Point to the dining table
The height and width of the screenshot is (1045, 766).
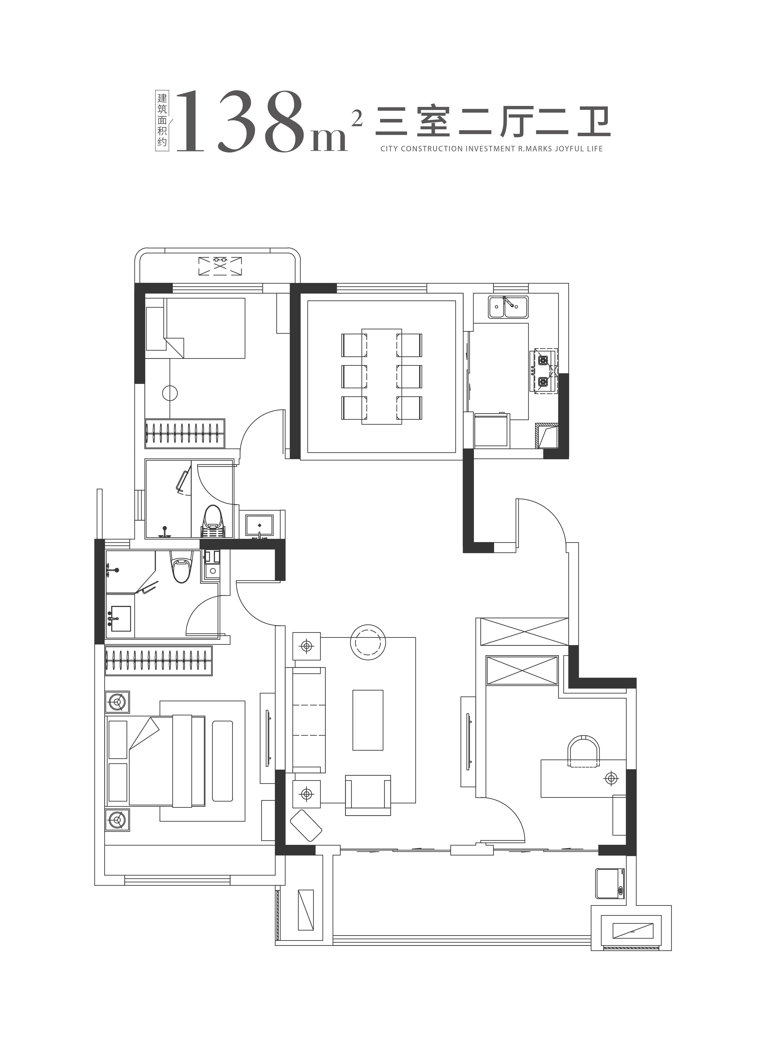(x=382, y=376)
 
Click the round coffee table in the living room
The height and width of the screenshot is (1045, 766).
(x=368, y=642)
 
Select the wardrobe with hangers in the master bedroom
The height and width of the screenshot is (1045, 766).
(x=159, y=661)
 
